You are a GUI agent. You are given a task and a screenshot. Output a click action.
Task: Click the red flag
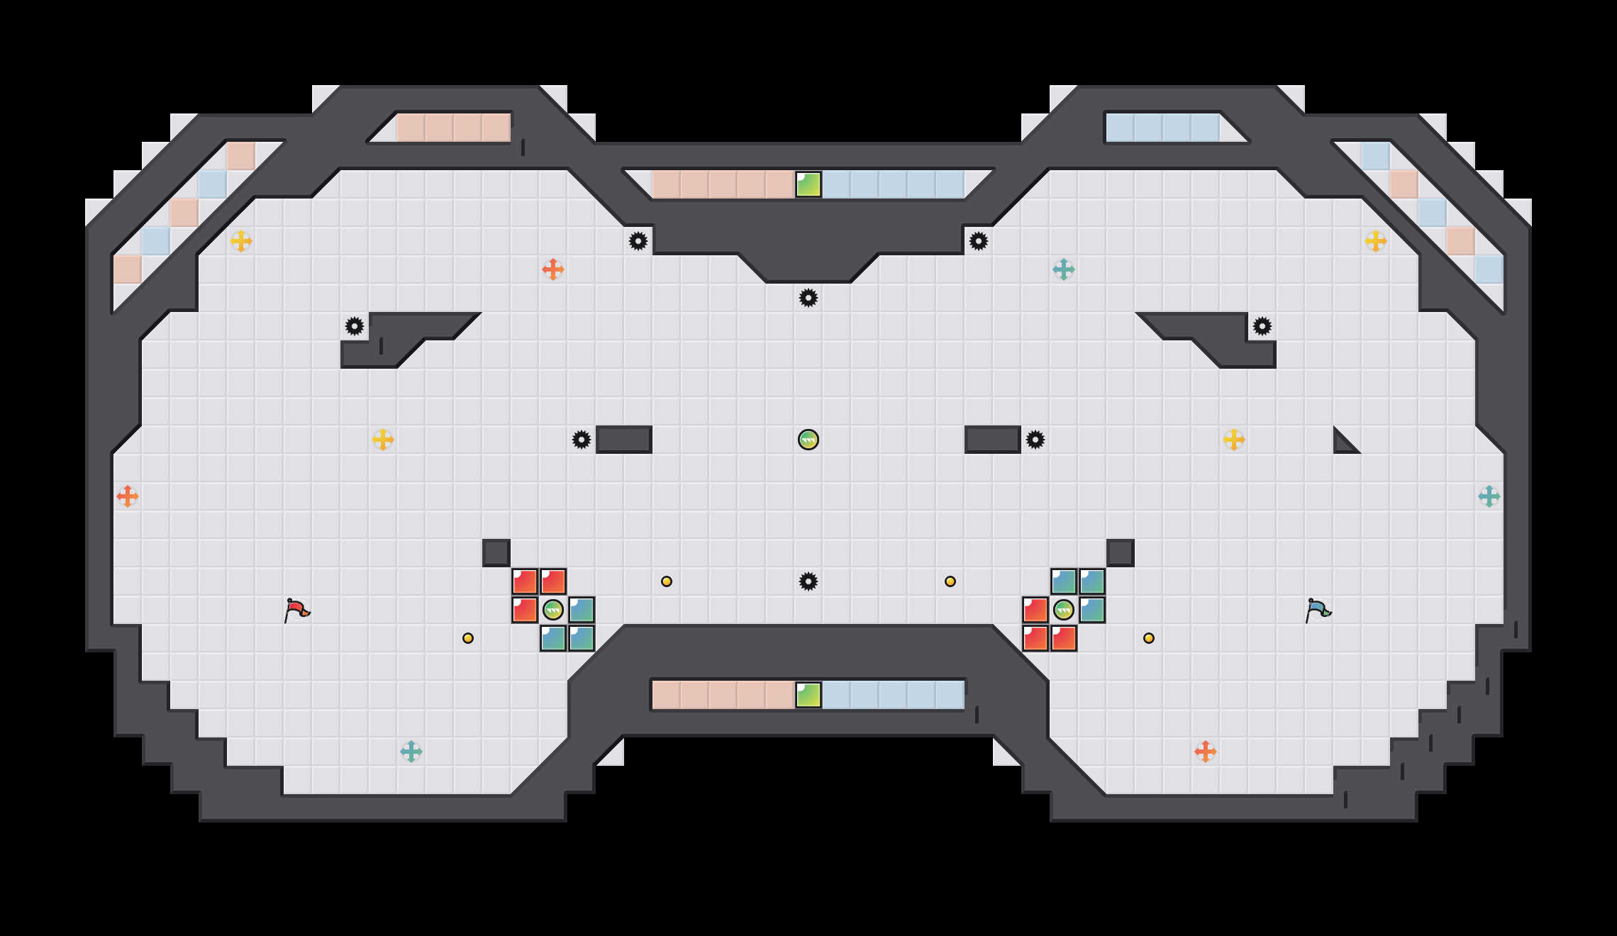296,610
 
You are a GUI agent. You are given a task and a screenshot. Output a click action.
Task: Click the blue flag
1318,610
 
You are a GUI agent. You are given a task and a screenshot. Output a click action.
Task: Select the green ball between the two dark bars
808,440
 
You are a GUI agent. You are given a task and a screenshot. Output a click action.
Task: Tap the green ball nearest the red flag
553,610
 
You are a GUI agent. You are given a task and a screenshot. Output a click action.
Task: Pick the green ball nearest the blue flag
1064,610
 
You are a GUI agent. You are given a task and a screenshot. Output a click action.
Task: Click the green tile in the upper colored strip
808,184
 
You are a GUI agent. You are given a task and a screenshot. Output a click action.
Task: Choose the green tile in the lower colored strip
808,695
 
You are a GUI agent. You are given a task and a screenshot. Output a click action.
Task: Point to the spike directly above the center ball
808,298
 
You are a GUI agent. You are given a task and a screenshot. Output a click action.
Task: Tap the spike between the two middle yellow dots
808,581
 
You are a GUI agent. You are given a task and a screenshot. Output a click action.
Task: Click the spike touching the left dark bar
582,440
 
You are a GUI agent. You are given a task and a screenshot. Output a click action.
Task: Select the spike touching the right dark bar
1035,440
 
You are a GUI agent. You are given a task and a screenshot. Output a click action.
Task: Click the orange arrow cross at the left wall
128,496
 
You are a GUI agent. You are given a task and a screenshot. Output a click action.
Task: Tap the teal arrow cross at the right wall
1489,496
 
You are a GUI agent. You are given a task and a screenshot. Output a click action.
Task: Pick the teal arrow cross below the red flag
411,752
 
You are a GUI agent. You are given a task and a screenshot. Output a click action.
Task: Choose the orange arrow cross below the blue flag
1206,752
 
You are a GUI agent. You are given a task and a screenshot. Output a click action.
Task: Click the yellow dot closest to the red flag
468,638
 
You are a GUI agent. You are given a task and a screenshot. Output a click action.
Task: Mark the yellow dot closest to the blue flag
1149,638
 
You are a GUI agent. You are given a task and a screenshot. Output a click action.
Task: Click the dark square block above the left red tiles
496,553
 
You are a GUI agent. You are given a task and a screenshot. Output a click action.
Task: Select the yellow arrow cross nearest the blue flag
1234,440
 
